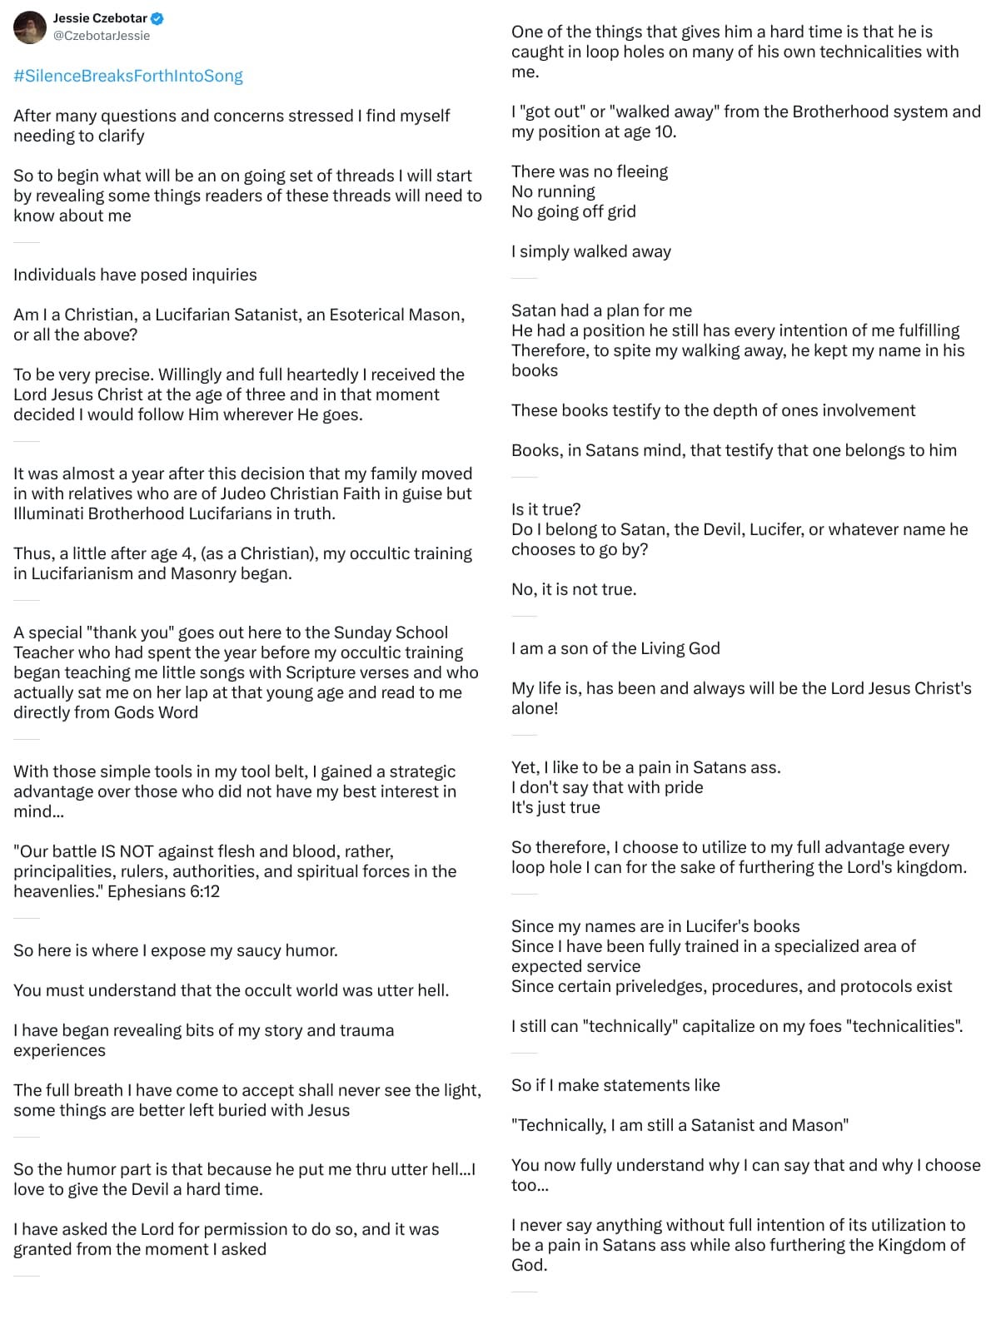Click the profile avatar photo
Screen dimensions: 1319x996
pyautogui.click(x=30, y=27)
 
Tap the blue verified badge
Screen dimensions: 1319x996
pyautogui.click(x=157, y=18)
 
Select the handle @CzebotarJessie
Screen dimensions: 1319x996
pyautogui.click(x=102, y=36)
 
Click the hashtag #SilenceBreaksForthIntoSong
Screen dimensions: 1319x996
pyautogui.click(x=128, y=76)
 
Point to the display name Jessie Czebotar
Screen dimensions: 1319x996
pyautogui.click(x=100, y=18)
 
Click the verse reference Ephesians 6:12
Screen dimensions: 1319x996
pyautogui.click(x=163, y=891)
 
